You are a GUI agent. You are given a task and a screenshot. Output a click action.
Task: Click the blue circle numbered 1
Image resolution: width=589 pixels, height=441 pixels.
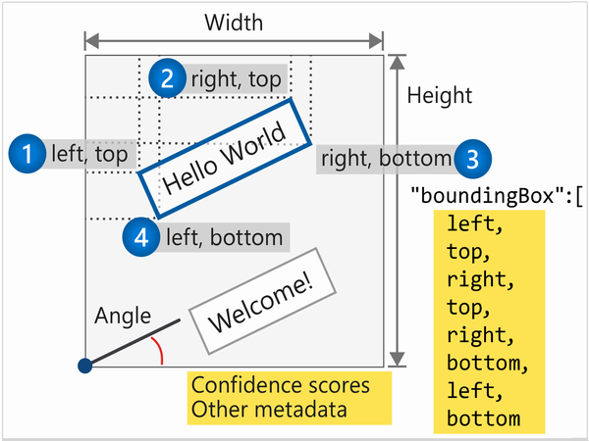(x=27, y=153)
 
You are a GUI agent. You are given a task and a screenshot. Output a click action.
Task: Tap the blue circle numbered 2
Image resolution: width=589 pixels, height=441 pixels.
(x=167, y=78)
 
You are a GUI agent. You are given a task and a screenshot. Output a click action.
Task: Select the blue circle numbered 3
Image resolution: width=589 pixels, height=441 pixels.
(x=472, y=158)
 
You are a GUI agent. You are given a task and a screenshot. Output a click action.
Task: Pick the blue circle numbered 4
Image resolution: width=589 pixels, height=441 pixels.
(x=142, y=236)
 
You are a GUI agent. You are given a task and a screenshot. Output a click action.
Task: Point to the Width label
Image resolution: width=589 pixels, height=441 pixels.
(x=233, y=21)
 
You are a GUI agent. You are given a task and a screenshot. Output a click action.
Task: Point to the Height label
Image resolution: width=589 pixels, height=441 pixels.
(x=439, y=95)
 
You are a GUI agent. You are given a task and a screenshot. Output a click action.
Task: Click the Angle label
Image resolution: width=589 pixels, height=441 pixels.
(x=122, y=316)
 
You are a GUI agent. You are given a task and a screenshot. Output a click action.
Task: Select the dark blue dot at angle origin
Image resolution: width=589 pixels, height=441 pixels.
(x=84, y=366)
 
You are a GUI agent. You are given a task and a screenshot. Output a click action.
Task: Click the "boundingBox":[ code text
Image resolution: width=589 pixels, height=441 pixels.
(x=497, y=192)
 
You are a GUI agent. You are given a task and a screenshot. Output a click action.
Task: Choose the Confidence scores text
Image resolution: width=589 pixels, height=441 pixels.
(x=280, y=385)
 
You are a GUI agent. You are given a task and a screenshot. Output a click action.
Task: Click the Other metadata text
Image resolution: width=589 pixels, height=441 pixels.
(x=268, y=409)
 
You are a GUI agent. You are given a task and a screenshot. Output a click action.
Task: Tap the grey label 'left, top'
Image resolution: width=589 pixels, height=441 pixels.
(x=88, y=153)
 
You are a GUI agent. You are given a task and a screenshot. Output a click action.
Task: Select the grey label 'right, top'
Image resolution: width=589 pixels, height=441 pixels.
(x=236, y=78)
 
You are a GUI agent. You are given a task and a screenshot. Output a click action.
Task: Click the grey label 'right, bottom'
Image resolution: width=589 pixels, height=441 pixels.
(x=385, y=158)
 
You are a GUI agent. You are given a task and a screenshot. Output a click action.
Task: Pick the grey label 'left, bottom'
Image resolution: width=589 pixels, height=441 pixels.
(x=224, y=236)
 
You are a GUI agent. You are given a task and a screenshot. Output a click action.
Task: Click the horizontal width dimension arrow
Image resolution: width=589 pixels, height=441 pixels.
(x=233, y=40)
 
